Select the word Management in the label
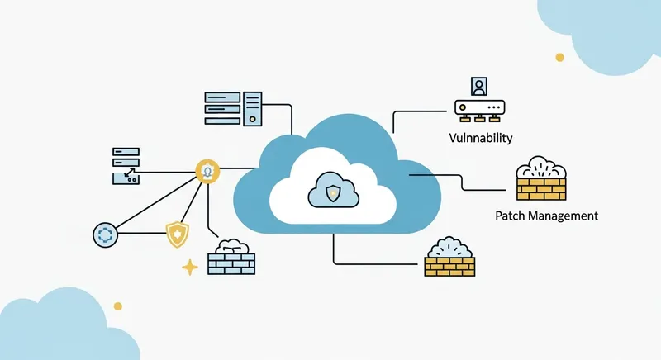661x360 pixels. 565,216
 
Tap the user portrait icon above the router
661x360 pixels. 478,86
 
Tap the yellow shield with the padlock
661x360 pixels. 177,234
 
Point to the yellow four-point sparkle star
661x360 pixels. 190,267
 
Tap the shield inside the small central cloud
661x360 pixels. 331,195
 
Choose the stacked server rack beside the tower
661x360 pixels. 226,108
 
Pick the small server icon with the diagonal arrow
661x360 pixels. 127,165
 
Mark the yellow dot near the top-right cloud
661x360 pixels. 559,57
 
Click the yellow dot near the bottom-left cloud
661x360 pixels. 117,306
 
